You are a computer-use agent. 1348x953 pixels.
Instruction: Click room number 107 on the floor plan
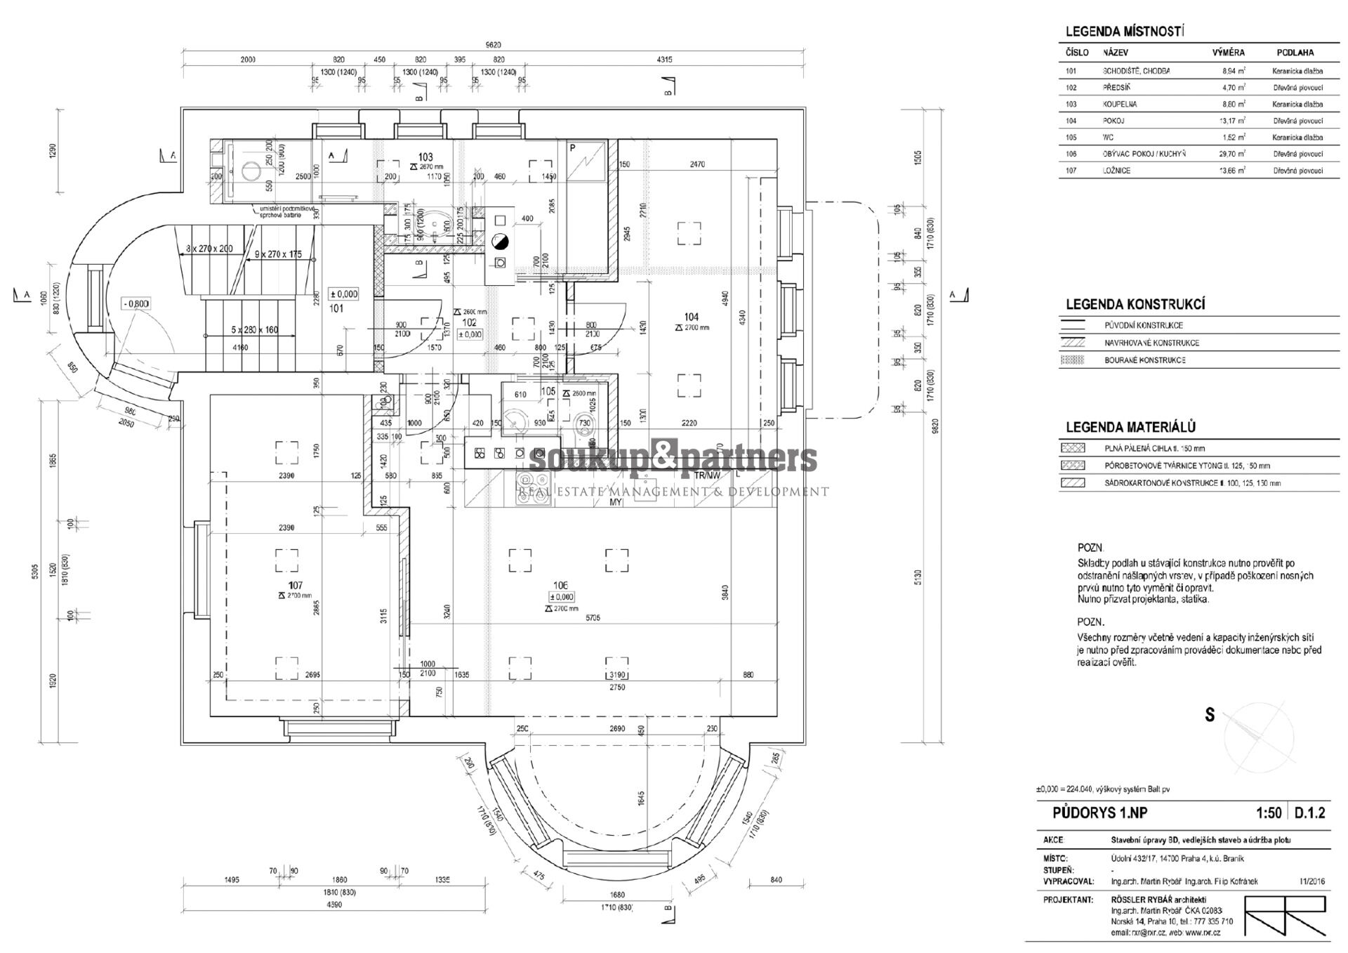coord(295,585)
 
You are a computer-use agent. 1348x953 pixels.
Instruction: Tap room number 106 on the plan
coord(560,584)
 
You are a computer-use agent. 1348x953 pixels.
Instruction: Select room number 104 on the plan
coord(692,317)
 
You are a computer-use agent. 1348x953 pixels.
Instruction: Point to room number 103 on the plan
coord(425,157)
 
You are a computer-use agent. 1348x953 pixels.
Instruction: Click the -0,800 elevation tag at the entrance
coord(136,303)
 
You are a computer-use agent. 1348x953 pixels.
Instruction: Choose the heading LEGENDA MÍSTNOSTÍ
coord(1125,32)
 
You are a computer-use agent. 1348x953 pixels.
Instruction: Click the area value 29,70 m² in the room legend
coord(1233,154)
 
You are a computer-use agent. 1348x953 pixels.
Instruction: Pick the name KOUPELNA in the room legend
coord(1120,104)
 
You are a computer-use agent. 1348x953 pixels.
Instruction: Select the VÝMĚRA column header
coord(1228,53)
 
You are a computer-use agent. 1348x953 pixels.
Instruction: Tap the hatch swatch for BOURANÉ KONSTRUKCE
coord(1074,360)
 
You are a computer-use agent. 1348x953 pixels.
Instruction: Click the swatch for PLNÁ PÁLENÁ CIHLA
coord(1074,448)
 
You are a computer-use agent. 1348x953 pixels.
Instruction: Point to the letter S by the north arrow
coord(1210,716)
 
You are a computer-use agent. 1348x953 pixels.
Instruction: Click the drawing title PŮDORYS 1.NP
coord(1099,813)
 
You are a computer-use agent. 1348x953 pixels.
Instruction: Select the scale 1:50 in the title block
coord(1269,813)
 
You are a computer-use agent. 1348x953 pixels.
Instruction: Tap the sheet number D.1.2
coord(1309,813)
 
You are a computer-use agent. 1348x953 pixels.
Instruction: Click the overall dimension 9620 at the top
coord(493,45)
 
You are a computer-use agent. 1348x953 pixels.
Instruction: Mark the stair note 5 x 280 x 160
coord(253,329)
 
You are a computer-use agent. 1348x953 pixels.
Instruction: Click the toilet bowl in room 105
coord(583,423)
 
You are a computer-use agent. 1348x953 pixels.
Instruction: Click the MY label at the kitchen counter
coord(616,503)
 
